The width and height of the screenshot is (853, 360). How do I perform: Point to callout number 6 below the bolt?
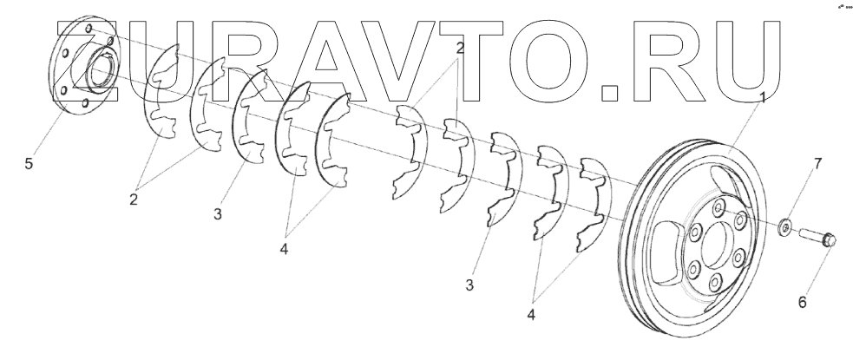pos(802,302)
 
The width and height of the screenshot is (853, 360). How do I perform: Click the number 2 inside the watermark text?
pos(460,49)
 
